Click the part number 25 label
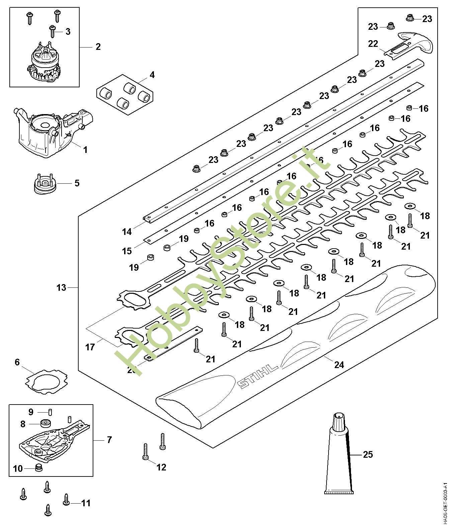[368, 455]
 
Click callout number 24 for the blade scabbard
[339, 364]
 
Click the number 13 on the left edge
[62, 288]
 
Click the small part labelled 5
[45, 184]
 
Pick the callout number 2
[98, 47]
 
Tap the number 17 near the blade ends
[90, 347]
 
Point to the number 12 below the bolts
[161, 467]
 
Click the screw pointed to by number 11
[66, 502]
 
